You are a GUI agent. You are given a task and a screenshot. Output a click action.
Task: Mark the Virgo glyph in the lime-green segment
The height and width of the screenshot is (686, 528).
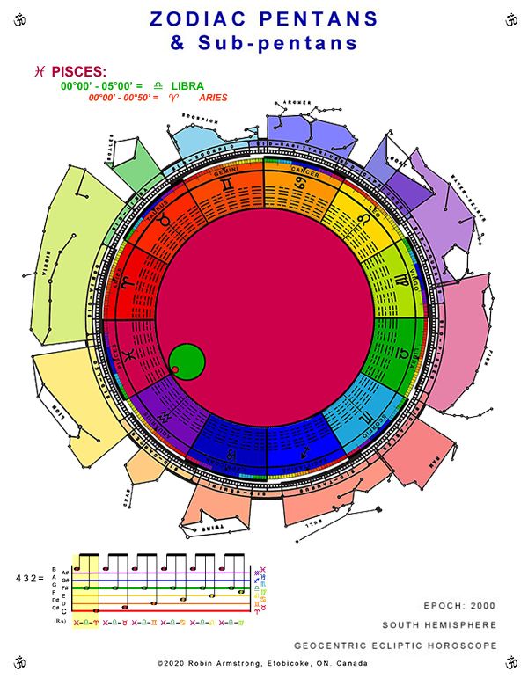click(x=400, y=281)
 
